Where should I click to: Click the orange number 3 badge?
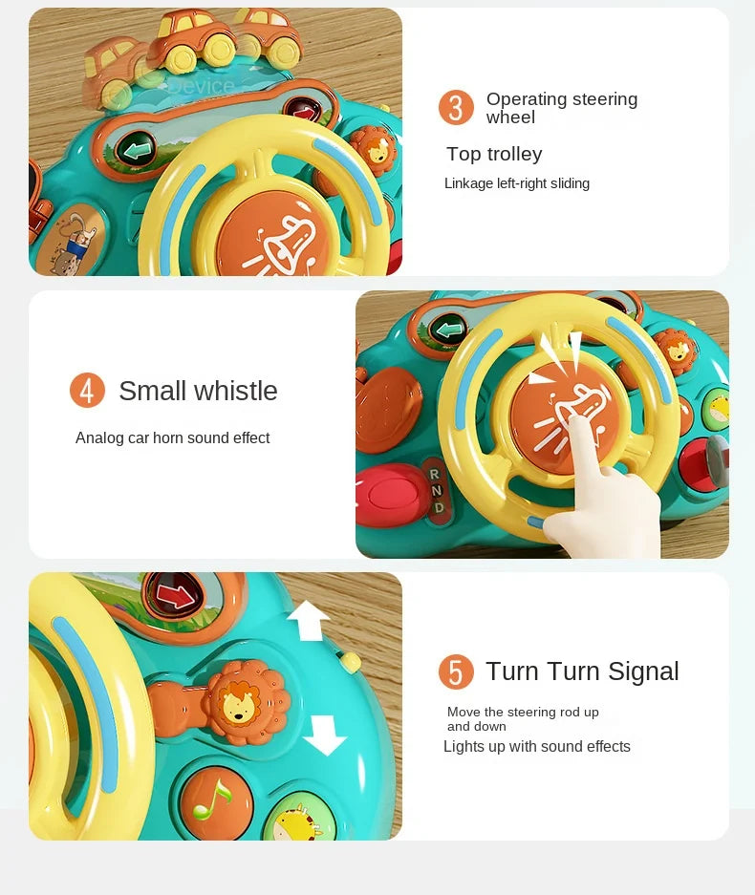[x=456, y=107]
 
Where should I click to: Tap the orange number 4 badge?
[x=87, y=391]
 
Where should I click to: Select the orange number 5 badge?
[x=456, y=671]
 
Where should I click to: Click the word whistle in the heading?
[x=236, y=391]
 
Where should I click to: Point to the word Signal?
[x=643, y=671]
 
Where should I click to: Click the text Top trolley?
[x=494, y=154]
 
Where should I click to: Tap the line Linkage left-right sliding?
[x=517, y=183]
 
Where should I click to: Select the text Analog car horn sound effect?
[x=172, y=437]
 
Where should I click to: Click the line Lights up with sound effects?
[x=537, y=747]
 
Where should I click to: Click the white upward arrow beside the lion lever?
[x=309, y=621]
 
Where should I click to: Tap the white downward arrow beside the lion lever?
[x=324, y=736]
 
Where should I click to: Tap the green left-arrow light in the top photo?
[x=136, y=151]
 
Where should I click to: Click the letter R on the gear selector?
[x=434, y=475]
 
